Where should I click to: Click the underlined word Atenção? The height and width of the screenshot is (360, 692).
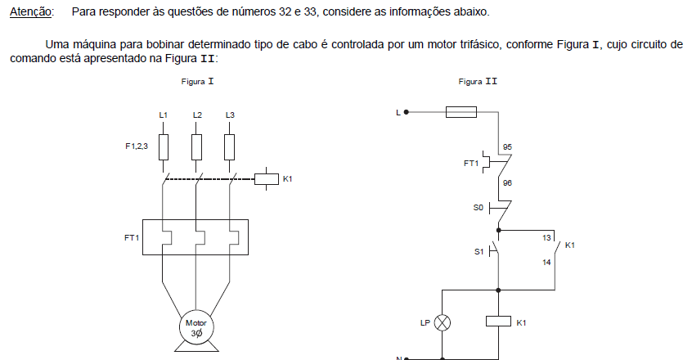(30, 12)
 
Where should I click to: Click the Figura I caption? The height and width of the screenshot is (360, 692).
(197, 82)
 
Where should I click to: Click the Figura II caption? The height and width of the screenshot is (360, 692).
(478, 82)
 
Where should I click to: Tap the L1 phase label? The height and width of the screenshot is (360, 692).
(164, 115)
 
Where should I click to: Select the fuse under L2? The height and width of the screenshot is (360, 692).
(197, 147)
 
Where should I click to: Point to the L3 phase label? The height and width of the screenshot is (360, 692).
(230, 115)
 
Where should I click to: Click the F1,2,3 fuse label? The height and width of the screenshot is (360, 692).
(137, 146)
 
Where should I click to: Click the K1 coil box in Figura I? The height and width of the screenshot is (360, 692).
(267, 179)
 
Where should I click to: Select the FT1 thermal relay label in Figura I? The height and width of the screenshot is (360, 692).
(132, 238)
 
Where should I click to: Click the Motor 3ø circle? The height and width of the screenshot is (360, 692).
(196, 328)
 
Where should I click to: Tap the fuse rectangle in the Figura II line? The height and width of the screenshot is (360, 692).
(461, 112)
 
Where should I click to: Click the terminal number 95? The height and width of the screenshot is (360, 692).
(507, 147)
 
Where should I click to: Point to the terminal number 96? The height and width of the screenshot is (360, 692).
(507, 182)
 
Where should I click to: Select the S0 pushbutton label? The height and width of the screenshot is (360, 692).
(479, 207)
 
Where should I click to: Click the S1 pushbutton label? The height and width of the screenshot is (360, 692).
(479, 252)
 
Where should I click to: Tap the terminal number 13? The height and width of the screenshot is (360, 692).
(546, 238)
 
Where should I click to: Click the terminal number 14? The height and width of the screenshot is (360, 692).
(546, 263)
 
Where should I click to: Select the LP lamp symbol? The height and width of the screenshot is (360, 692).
(443, 323)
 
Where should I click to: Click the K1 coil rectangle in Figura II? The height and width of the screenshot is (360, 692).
(499, 322)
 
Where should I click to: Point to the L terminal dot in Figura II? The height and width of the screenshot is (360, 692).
(407, 112)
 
